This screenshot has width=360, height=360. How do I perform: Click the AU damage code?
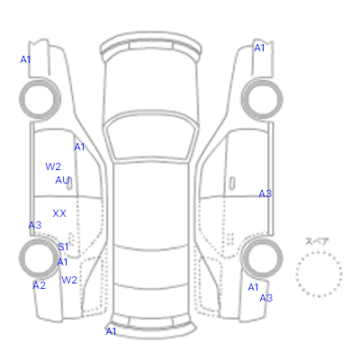tap(62, 180)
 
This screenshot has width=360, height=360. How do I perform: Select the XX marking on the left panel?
tap(59, 213)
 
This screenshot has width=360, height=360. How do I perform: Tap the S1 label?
tap(63, 247)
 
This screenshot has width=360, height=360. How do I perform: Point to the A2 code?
tap(40, 285)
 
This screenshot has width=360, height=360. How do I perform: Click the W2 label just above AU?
tap(53, 166)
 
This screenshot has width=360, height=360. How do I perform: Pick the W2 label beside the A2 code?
tap(69, 280)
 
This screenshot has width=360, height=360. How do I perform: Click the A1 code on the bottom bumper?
tap(111, 331)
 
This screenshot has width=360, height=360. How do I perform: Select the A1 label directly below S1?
tap(62, 262)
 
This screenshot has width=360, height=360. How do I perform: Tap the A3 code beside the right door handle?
tap(265, 193)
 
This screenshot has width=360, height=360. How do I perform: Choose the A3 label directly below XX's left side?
tap(35, 225)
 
